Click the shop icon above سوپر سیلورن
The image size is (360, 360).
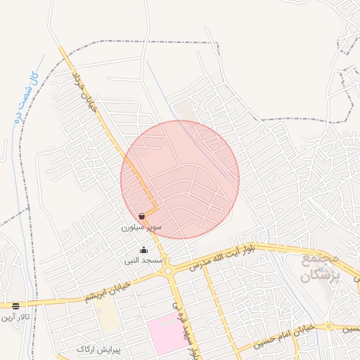[x=143, y=217]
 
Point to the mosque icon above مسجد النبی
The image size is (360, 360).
[x=144, y=250]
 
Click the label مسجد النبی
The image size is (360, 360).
[x=143, y=260]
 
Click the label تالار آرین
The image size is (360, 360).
[x=15, y=317]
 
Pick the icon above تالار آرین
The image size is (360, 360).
[x=15, y=306]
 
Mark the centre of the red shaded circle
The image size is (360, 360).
[x=180, y=180]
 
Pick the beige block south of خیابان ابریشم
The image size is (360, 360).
[x=108, y=317]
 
